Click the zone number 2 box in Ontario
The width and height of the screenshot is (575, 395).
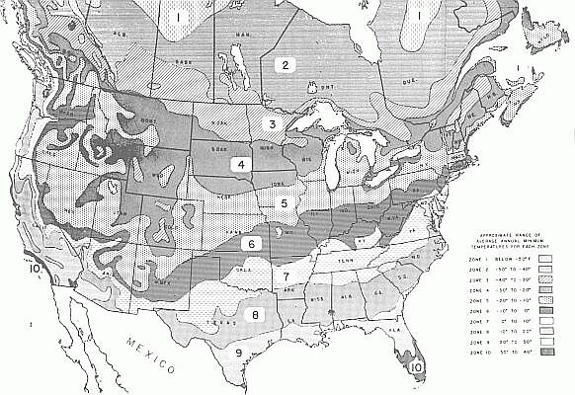click(x=286, y=65)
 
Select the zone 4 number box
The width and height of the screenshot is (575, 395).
click(x=239, y=164)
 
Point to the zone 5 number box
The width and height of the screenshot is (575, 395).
click(x=285, y=203)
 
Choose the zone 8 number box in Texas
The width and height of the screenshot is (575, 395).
click(x=255, y=316)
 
